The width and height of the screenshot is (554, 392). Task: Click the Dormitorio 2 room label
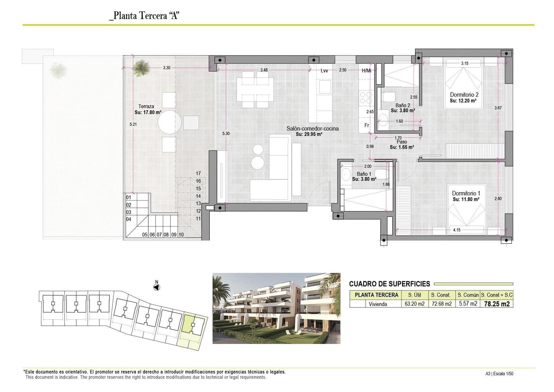[x=464, y=95]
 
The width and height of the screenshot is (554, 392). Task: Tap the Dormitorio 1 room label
[x=466, y=193]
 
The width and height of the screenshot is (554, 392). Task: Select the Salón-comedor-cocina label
[x=312, y=129]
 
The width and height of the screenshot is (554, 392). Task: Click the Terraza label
[x=146, y=106]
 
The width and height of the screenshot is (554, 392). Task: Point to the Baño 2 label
[x=403, y=105]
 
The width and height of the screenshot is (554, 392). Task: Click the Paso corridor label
[x=402, y=142]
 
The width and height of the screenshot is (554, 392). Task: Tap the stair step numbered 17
[x=198, y=173]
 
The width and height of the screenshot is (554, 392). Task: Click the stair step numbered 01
[x=128, y=198]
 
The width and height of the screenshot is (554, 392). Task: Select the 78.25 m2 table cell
[x=497, y=304]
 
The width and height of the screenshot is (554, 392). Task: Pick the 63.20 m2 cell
[x=414, y=304]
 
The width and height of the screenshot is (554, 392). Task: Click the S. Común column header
[x=468, y=295]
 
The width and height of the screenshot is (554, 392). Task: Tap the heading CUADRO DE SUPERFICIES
[x=389, y=284]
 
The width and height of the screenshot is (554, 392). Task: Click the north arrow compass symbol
[x=157, y=287]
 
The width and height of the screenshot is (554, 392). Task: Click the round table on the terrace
[x=170, y=122]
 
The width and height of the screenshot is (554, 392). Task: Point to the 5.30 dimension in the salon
[x=226, y=133]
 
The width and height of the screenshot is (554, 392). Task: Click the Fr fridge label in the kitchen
[x=366, y=125]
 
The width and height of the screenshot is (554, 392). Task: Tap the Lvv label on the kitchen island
[x=324, y=71]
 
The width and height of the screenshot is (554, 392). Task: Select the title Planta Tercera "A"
[x=144, y=16]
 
